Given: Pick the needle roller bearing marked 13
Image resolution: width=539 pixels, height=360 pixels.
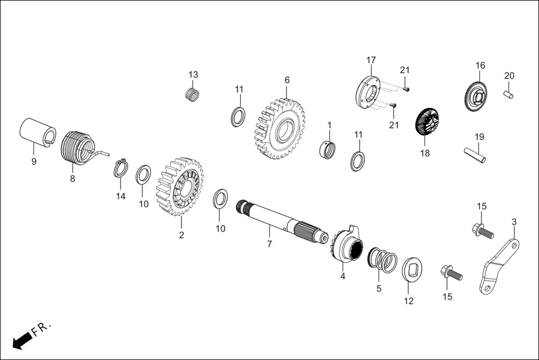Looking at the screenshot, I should click(193, 93).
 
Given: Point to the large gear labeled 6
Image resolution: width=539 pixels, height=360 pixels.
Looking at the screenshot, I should click(280, 129).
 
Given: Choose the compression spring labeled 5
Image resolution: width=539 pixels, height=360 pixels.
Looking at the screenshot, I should click(383, 260).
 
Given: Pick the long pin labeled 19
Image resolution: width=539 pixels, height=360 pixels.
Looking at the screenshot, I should click(474, 155).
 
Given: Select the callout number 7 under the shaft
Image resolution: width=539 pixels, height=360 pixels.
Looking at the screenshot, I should click(269, 244).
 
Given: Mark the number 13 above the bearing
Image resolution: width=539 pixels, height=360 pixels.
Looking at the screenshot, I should click(193, 75).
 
